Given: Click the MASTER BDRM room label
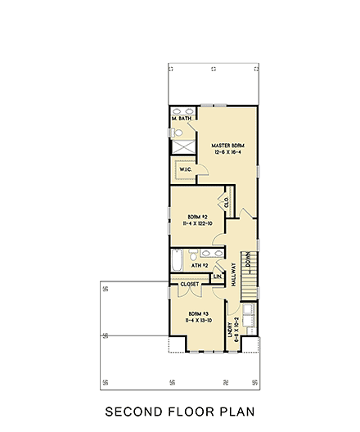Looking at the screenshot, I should click(x=227, y=146).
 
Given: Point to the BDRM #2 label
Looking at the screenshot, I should click(x=196, y=216).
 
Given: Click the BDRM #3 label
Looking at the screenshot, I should click(x=196, y=314).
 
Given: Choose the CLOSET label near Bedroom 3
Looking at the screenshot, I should click(x=191, y=286).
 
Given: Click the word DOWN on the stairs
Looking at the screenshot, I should click(x=248, y=268).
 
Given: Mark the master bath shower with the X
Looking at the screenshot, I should click(x=182, y=147).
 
